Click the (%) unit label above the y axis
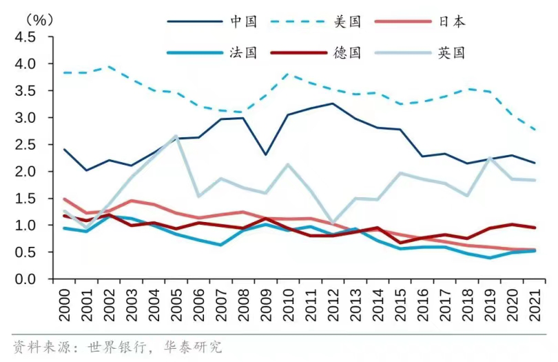coord(39,19)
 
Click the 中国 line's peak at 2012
coord(333,103)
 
